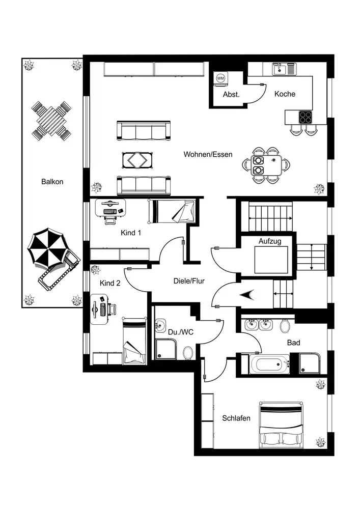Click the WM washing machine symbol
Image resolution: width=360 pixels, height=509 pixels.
click(220, 78)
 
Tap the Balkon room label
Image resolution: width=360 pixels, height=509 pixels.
click(52, 181)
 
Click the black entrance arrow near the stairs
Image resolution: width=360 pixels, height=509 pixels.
click(249, 294)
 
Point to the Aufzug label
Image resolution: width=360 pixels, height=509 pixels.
click(270, 240)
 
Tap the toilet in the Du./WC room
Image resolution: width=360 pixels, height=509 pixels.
click(187, 352)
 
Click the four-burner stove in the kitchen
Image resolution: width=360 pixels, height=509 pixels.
click(306, 118)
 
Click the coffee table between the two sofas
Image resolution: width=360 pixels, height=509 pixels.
click(136, 159)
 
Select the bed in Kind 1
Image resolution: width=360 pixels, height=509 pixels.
click(173, 211)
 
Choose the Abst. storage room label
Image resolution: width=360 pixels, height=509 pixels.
click(231, 95)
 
